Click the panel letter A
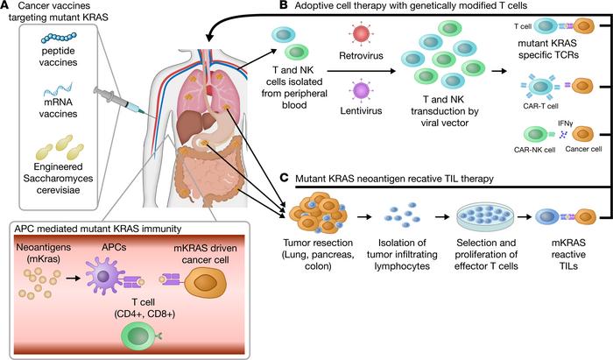point(7,8)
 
